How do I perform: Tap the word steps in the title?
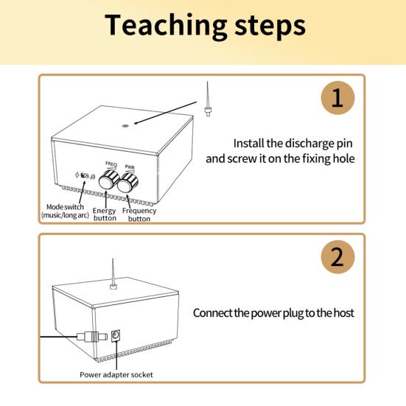(270, 27)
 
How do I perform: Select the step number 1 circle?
(337, 98)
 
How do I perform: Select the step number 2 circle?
(337, 257)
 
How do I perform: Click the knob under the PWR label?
(127, 183)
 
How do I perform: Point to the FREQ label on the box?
(111, 164)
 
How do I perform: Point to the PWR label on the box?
(130, 167)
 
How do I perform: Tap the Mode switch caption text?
(65, 211)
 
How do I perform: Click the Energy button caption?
(105, 214)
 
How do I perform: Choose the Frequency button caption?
(139, 214)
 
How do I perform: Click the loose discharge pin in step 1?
(207, 99)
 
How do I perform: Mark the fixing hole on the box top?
(125, 126)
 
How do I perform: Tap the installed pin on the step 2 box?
(113, 273)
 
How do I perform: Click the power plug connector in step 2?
(92, 337)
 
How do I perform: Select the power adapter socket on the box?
(116, 335)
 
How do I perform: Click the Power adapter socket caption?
(116, 374)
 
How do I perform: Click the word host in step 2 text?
(343, 312)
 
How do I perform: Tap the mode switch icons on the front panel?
(85, 175)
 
